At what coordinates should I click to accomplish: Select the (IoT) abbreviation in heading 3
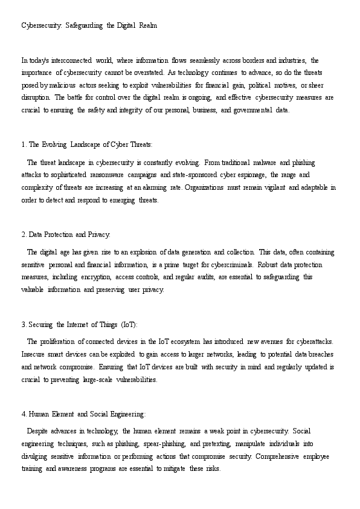coord(129,324)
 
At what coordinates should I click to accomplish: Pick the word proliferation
coord(56,342)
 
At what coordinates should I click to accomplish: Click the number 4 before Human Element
coord(23,414)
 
